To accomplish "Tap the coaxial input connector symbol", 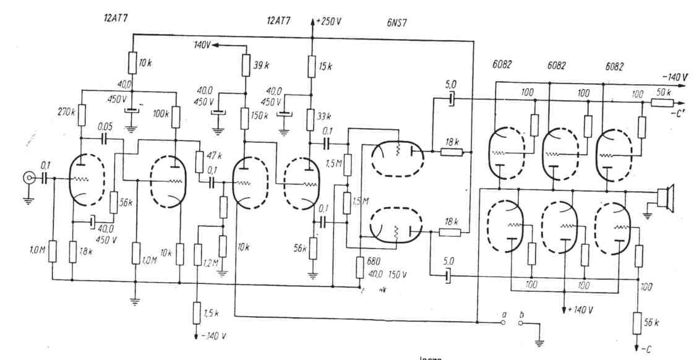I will click(x=28, y=179).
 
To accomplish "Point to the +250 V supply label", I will click(x=328, y=21).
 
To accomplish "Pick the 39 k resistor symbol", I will click(x=246, y=64).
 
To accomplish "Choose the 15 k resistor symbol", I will click(x=312, y=64).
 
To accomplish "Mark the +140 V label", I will click(x=580, y=309).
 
